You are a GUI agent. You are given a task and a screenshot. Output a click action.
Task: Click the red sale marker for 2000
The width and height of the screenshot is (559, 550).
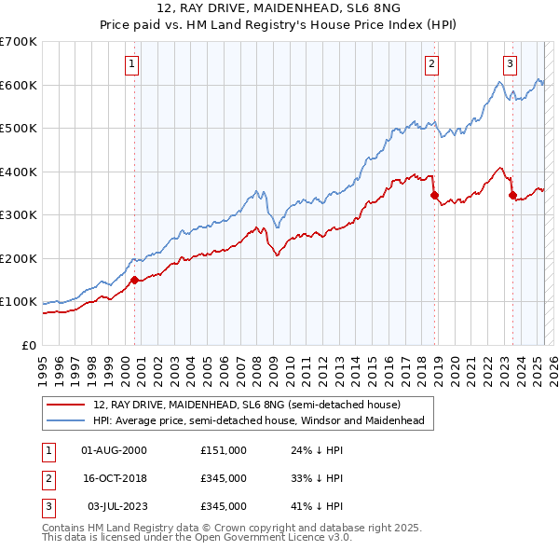[134, 280]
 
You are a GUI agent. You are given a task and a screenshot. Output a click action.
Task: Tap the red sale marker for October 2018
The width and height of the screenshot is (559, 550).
[434, 196]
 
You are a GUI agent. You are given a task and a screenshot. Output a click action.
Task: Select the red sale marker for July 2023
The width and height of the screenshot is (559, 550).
[512, 196]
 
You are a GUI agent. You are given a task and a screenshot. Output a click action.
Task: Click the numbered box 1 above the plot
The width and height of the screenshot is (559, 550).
[132, 64]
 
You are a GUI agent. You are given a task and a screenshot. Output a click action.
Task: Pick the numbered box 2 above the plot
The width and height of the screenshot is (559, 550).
[432, 64]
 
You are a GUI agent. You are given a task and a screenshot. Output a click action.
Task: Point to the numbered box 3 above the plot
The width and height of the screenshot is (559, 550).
[511, 64]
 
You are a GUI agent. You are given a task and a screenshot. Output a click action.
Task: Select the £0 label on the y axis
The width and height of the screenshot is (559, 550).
[28, 345]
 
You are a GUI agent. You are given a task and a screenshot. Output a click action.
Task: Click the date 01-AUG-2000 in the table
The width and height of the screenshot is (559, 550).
[115, 450]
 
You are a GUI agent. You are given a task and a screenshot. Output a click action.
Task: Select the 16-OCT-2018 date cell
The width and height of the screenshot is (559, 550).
[115, 478]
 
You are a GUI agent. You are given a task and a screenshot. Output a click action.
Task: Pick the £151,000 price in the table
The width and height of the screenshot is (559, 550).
[224, 450]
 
